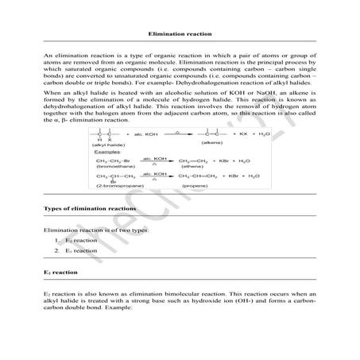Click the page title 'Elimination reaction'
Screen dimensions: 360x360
tap(180, 34)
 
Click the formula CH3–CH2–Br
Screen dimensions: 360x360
tap(111, 161)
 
